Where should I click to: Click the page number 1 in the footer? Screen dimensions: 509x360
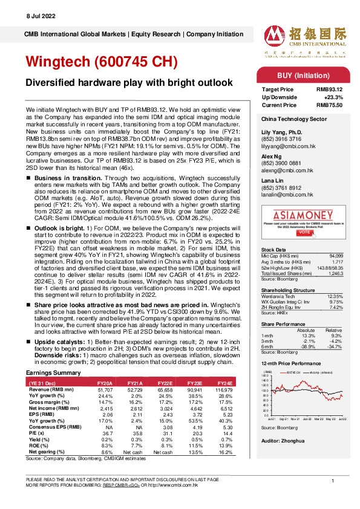[x=333, y=479]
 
